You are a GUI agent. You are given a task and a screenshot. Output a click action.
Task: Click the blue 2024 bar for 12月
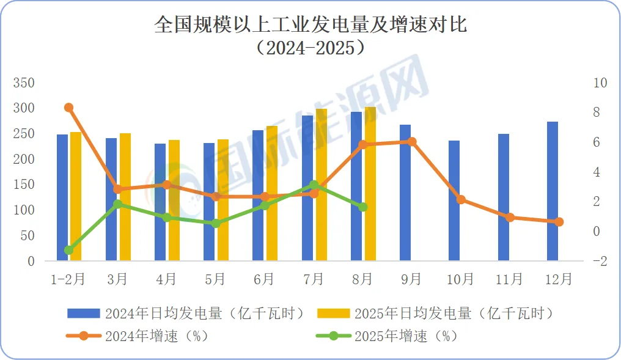click(x=553, y=191)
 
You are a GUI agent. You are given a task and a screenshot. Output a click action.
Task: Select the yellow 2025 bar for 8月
click(x=370, y=184)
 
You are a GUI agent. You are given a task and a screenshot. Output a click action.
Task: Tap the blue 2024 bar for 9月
click(x=405, y=193)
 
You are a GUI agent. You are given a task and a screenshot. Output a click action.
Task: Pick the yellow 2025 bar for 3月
click(x=125, y=197)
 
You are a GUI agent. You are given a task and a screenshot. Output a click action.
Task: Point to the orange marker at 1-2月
click(x=68, y=108)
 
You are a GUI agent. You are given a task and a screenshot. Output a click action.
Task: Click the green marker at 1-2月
click(x=68, y=250)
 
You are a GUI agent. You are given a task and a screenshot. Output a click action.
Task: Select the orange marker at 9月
click(x=411, y=142)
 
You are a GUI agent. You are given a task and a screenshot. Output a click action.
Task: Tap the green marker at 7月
click(x=314, y=185)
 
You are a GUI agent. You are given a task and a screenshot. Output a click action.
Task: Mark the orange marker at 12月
click(x=559, y=222)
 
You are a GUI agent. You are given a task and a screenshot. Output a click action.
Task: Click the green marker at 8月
click(x=362, y=207)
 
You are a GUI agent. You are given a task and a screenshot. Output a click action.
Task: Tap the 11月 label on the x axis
click(x=509, y=279)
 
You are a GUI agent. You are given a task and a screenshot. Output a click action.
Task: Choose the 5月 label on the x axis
click(x=215, y=279)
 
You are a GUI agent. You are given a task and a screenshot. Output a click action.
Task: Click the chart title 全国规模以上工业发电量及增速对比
click(x=310, y=25)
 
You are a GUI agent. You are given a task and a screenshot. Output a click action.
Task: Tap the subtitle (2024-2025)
click(x=310, y=48)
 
